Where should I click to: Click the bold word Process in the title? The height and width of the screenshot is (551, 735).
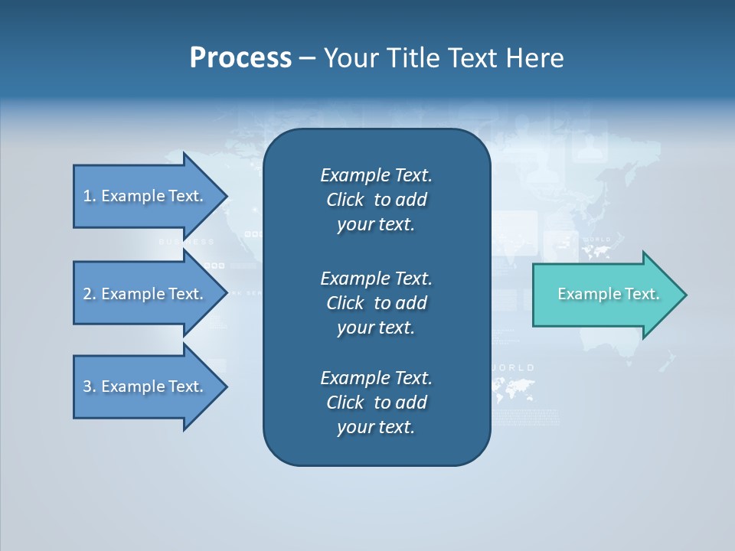(240, 58)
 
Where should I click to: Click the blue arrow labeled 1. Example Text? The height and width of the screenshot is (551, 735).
(145, 196)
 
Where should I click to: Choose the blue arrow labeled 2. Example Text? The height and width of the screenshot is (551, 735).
(145, 294)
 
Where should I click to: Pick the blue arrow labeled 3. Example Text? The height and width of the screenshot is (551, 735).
(145, 386)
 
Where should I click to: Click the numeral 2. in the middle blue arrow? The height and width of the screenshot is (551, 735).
(90, 294)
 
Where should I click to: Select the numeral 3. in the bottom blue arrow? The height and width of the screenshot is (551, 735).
(90, 386)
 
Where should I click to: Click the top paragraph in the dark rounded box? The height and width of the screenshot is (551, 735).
(376, 200)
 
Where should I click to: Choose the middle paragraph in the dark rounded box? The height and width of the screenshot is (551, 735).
(376, 302)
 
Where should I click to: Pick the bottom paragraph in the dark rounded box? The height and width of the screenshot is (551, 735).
(376, 403)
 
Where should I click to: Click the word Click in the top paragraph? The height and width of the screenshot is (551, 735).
(345, 200)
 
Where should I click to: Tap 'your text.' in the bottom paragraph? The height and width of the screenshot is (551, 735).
(376, 427)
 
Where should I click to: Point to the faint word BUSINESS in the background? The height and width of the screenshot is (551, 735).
(187, 242)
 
